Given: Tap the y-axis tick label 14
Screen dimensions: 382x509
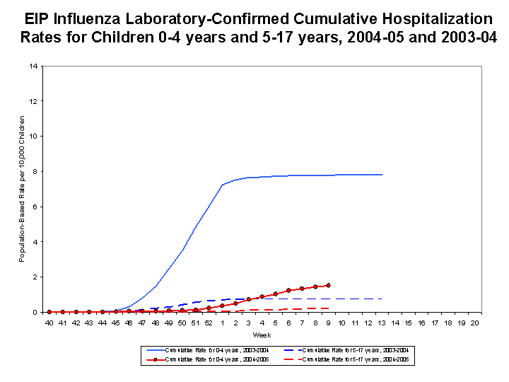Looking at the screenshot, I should (x=33, y=66).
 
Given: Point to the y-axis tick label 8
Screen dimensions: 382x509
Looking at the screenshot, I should (x=35, y=172).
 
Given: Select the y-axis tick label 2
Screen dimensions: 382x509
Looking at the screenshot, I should (x=35, y=277).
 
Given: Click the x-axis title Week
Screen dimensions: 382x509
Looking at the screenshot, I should (x=262, y=335).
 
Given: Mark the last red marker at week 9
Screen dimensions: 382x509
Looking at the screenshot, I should (x=328, y=285).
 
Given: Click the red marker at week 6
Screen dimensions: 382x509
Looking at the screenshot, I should (x=288, y=290).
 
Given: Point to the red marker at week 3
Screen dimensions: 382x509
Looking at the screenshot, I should (x=248, y=299).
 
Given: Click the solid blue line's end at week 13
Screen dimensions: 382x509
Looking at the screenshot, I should (x=382, y=174).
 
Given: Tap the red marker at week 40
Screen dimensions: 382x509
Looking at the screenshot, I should (x=49, y=311).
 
